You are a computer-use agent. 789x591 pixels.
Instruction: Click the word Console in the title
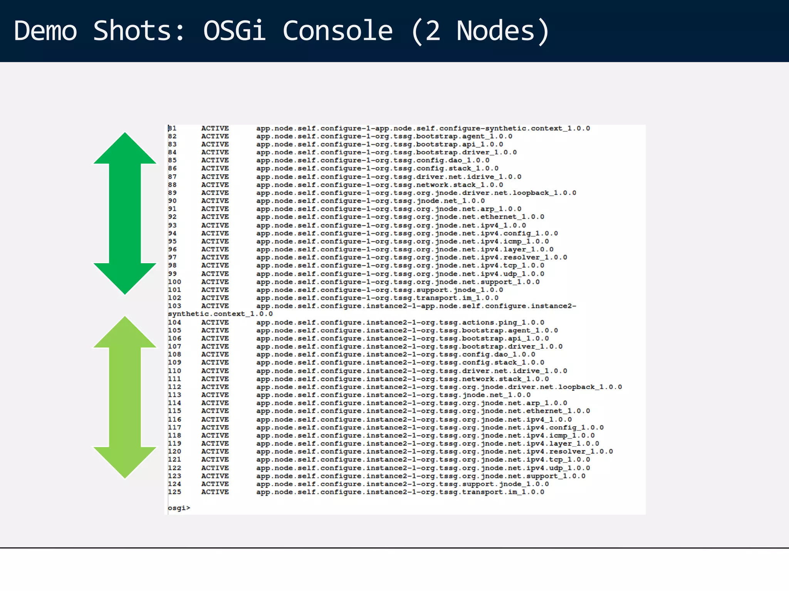tap(337, 31)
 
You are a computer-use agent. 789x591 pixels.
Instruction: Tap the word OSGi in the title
tap(234, 31)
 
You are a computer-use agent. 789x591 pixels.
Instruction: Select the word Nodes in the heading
tap(495, 31)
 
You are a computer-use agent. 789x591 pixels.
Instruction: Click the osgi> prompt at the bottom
tap(179, 508)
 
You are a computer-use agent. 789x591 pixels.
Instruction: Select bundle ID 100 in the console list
tap(174, 282)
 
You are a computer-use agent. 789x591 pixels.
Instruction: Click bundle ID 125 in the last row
tap(174, 492)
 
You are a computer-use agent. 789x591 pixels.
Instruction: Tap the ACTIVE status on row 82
tap(215, 136)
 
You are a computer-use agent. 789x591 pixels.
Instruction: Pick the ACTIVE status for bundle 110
tap(215, 371)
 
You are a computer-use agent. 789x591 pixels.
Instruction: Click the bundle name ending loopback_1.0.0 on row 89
tap(416, 193)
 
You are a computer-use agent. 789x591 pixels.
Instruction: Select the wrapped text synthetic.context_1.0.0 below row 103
tap(220, 314)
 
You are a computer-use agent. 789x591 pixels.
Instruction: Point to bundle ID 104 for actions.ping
tap(174, 322)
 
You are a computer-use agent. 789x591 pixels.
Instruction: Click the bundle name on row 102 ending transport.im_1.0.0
tap(377, 298)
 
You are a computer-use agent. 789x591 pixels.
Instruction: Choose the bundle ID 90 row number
tap(172, 201)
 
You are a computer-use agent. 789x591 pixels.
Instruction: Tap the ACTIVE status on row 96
tap(215, 249)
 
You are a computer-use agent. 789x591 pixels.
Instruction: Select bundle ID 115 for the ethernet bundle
tap(174, 411)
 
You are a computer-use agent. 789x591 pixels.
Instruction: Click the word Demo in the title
tap(45, 31)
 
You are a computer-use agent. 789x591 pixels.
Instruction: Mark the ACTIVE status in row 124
tap(215, 484)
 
